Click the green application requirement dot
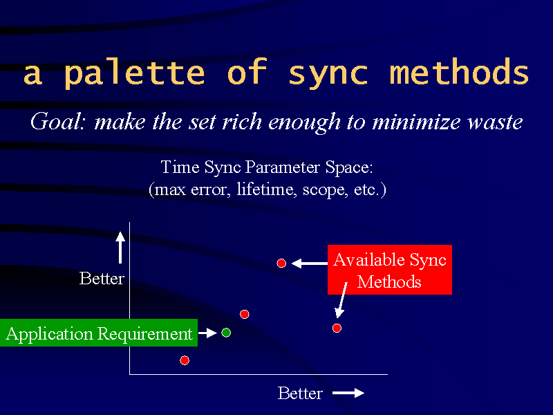tap(226, 333)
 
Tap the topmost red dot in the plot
tap(281, 264)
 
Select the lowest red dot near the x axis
tap(185, 360)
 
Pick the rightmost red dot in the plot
tap(337, 328)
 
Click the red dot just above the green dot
tap(245, 314)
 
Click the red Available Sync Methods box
tap(390, 270)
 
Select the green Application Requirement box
tap(99, 333)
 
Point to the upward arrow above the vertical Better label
tap(120, 248)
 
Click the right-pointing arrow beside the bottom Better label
tap(348, 393)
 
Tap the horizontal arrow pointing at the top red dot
tap(310, 264)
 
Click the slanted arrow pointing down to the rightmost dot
tap(341, 300)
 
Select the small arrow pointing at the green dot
tap(208, 333)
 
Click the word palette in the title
tap(134, 73)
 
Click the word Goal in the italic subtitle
tap(58, 122)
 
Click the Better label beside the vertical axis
tap(102, 279)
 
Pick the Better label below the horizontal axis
tap(300, 393)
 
